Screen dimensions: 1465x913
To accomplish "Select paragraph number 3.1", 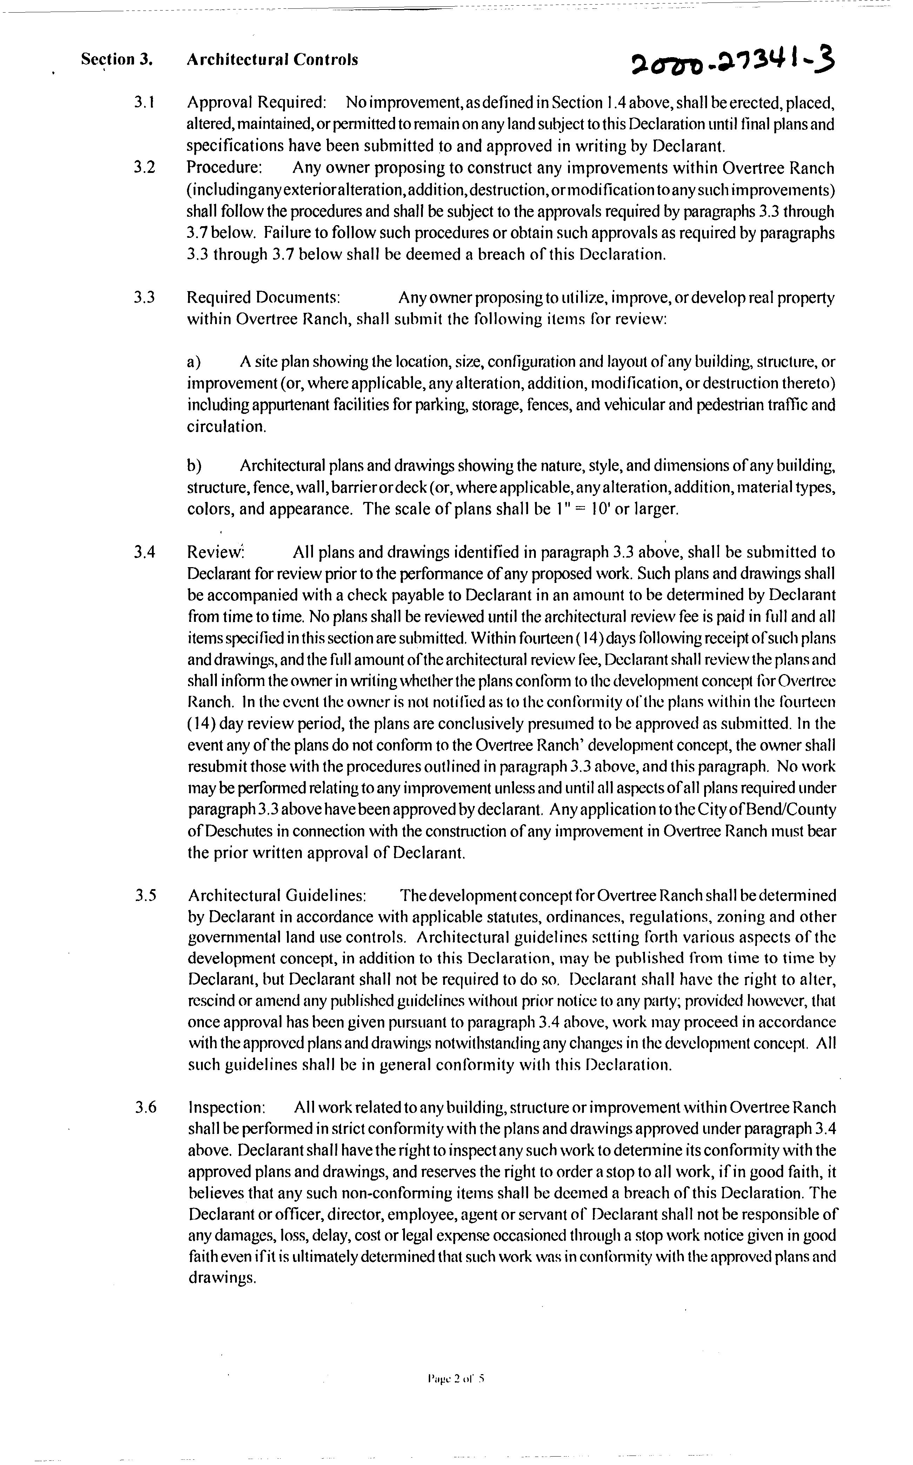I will point(145,103).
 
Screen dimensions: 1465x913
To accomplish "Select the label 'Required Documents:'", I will point(264,297).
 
